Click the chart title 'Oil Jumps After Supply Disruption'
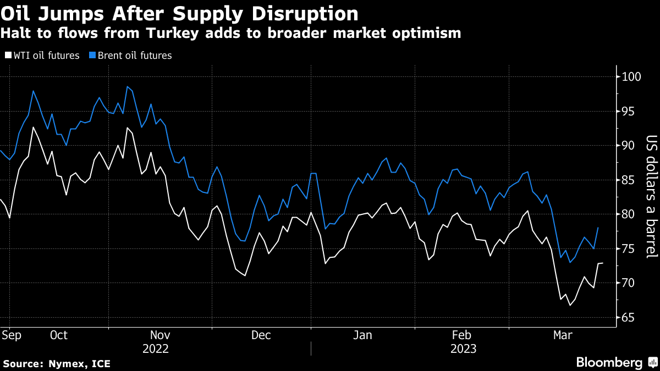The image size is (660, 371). coord(179,13)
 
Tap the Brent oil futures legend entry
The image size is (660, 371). coord(130,56)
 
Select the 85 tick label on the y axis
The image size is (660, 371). coord(628,180)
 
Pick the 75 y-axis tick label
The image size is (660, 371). coord(628,249)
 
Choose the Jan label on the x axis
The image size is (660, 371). coord(363,335)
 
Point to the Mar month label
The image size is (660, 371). coord(563,335)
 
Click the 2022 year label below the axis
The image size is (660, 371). coord(156,348)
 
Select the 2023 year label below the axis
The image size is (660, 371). coord(463,348)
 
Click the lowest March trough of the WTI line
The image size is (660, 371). coord(570,305)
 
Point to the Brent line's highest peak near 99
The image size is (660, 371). coord(127,86)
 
